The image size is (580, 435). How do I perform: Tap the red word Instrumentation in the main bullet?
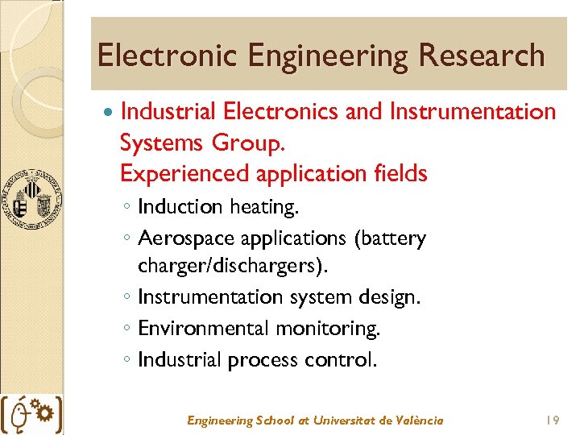coord(472,112)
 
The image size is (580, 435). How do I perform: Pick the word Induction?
coord(180,207)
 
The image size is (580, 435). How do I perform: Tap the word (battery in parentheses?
coord(388,238)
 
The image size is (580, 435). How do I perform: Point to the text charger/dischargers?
coord(234,266)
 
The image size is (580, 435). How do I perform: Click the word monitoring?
coord(327,329)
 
